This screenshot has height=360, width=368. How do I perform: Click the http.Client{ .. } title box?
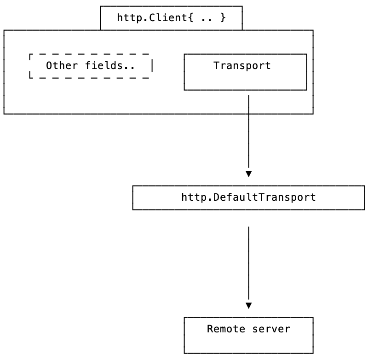(x=171, y=18)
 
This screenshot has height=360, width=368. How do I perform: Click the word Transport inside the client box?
(x=242, y=65)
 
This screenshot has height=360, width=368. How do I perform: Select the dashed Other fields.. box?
(x=90, y=66)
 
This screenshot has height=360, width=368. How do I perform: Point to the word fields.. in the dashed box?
(x=110, y=65)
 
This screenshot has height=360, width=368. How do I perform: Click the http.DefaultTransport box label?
(x=248, y=197)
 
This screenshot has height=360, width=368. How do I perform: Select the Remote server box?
(x=248, y=335)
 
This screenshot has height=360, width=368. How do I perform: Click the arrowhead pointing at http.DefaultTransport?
(x=248, y=174)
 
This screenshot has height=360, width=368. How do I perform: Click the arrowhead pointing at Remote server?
(x=248, y=305)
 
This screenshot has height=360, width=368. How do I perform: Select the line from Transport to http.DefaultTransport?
(x=248, y=134)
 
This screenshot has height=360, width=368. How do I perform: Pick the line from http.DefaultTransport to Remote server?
(x=248, y=262)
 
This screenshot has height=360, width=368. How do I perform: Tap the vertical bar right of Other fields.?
(x=152, y=65)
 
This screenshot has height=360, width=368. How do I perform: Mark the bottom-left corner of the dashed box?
(x=30, y=77)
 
